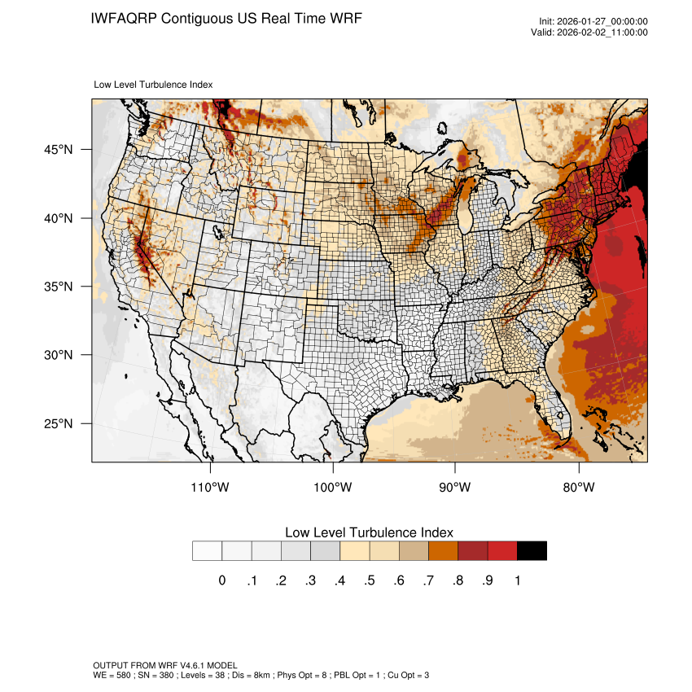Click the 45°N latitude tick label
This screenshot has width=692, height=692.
59,150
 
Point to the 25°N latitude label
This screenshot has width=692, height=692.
59,424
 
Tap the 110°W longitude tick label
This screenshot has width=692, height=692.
211,488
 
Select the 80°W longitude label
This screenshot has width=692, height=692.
579,488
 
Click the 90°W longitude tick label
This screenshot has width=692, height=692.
456,488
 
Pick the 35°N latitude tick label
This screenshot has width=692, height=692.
59,287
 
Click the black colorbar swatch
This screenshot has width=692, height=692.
532,551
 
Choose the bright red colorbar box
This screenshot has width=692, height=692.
502,551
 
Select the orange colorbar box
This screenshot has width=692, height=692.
443,551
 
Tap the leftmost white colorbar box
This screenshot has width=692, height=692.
207,551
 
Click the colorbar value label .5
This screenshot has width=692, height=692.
369,580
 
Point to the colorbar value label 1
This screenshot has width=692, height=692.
517,580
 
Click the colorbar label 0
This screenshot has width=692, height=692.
221,580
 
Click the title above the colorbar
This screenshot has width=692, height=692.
369,532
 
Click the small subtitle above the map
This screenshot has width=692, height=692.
153,84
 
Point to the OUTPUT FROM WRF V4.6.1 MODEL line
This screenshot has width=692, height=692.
165,665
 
